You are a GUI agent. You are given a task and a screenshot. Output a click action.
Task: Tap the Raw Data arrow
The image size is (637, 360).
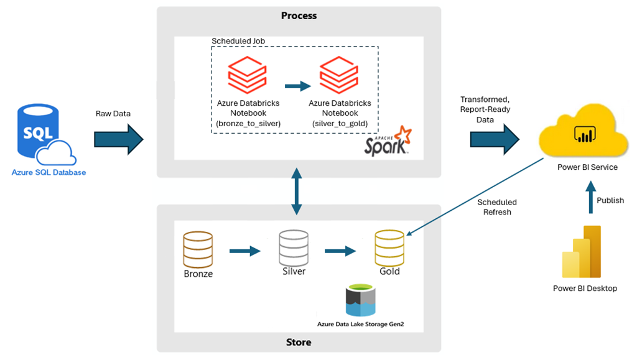click(x=119, y=139)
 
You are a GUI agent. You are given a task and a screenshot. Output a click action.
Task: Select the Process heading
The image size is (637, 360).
click(x=299, y=16)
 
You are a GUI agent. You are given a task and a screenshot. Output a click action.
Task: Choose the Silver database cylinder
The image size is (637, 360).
click(x=293, y=248)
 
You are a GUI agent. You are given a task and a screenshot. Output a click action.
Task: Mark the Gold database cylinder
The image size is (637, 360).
click(x=389, y=248)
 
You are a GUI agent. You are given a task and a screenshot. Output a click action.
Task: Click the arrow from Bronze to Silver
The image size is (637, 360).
click(x=244, y=251)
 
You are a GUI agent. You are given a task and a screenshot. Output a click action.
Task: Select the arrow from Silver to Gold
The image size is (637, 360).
click(x=340, y=251)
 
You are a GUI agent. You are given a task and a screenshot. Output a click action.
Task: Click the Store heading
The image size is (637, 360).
click(x=299, y=342)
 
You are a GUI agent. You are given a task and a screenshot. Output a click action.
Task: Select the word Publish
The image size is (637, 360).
click(x=610, y=200)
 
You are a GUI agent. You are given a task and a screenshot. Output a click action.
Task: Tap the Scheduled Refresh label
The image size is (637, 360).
click(x=497, y=206)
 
